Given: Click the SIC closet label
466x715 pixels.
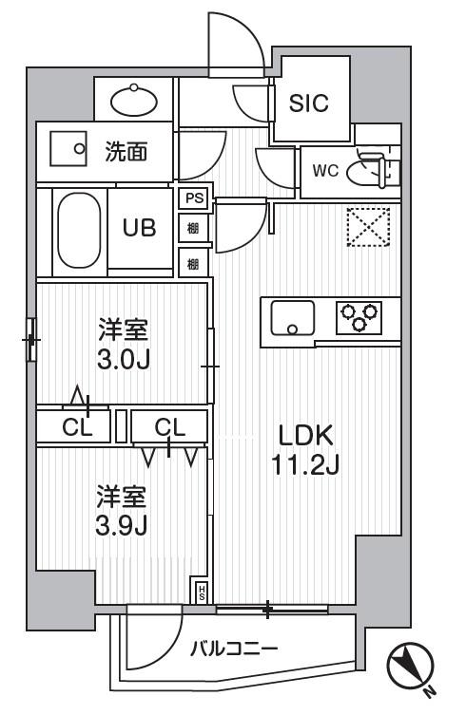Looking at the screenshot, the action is point(308,103).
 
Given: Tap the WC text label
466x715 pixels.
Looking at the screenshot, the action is point(326,171).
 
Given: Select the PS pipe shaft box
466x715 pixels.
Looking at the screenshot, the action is point(194,198).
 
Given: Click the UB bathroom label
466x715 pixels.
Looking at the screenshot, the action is point(140,227).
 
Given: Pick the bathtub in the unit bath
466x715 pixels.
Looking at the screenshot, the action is point(80,231).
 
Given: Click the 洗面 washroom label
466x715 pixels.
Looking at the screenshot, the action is point(126,152).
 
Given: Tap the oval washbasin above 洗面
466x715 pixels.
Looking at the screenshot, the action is point(134,100).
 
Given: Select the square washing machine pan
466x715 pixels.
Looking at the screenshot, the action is point(68,149).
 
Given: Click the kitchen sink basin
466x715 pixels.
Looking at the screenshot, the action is point(292,318).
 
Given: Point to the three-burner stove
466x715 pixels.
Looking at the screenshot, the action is point(359,317).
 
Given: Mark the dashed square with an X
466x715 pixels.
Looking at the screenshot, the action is point(368,227).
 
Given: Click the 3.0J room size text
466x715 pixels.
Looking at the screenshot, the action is point(124,360).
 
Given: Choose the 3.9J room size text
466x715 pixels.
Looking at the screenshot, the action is point(121,526).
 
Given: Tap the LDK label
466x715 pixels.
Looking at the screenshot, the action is point(305,436).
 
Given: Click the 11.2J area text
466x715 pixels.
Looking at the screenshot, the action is point(305,465).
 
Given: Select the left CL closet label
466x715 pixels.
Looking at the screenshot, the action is point(77,427).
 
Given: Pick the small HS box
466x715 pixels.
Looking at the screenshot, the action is point(202,593).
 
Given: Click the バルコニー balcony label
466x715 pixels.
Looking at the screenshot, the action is point(233,648).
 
